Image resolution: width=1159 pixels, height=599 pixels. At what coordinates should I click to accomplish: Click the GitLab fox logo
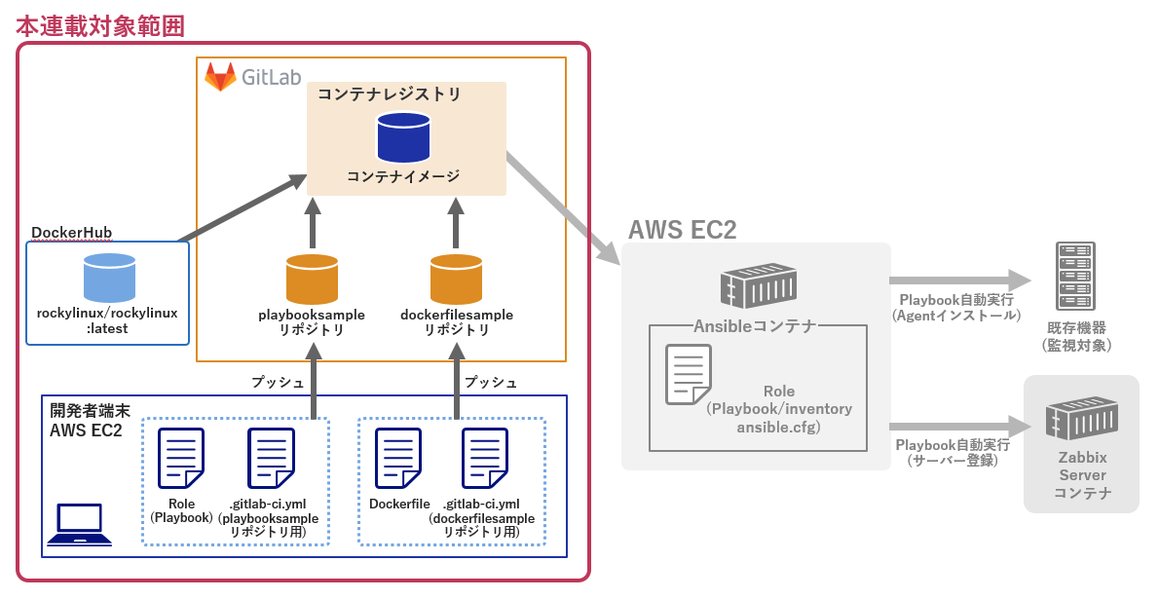[x=220, y=77]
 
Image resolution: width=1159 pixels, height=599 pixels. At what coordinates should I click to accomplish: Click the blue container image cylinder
[x=403, y=137]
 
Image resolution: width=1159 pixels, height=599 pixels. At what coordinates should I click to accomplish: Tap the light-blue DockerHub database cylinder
[x=109, y=277]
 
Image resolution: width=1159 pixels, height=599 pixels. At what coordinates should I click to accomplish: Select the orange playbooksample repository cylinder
[x=312, y=279]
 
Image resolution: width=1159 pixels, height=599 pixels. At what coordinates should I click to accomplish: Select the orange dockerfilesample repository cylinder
[x=456, y=279]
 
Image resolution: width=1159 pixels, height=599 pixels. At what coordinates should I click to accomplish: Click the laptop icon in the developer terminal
[x=79, y=524]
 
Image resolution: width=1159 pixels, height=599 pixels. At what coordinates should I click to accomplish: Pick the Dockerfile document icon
[x=399, y=459]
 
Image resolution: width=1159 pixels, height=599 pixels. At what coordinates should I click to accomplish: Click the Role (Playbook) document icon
[x=181, y=459]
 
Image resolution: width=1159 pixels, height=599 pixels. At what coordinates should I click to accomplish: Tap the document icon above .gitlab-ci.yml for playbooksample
[x=271, y=459]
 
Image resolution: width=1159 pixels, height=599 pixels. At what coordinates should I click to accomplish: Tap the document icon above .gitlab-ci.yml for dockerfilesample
[x=485, y=459]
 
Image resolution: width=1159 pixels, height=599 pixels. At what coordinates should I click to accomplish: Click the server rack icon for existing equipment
[x=1075, y=276]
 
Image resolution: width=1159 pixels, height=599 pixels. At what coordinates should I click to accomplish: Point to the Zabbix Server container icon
[x=1080, y=418]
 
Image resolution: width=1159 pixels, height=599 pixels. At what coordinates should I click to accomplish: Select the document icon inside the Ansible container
[x=688, y=374]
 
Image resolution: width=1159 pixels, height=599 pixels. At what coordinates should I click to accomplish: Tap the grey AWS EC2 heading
[x=682, y=230]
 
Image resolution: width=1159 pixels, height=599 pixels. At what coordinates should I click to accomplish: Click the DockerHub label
[x=71, y=233]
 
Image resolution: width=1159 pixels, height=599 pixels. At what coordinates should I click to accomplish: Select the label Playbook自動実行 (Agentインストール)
[x=955, y=307]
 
